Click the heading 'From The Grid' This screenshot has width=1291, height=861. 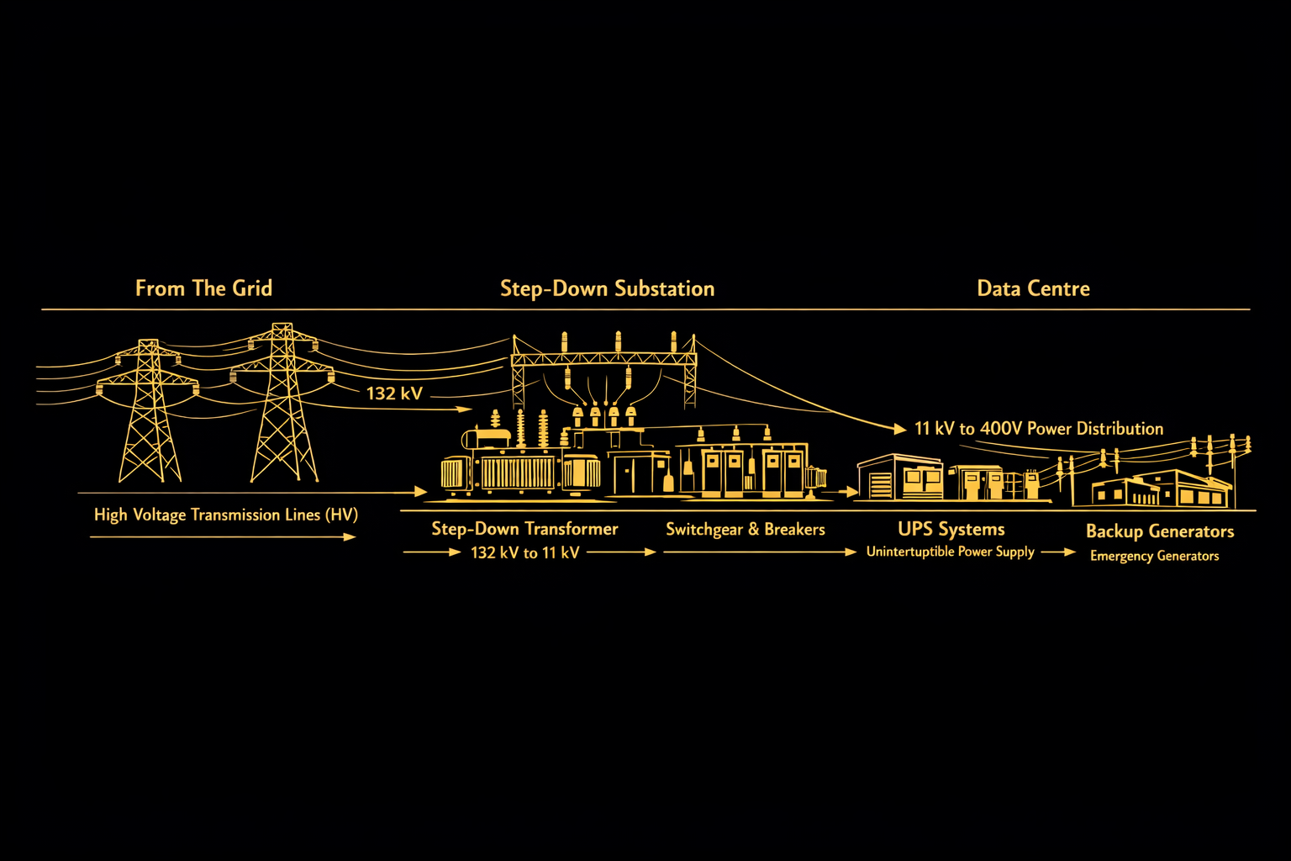[x=203, y=288]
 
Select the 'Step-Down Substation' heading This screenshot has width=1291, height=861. [x=607, y=288]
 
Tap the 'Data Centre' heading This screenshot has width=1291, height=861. [x=1033, y=288]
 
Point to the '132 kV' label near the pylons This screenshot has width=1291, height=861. [x=394, y=393]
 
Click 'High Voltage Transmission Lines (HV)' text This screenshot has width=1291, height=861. [x=225, y=515]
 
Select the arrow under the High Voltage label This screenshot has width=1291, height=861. [x=223, y=536]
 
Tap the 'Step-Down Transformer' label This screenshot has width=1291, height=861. [x=524, y=529]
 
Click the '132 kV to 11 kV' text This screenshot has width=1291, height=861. [x=524, y=552]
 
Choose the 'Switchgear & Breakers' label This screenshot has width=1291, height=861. [x=745, y=529]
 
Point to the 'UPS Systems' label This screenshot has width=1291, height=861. [x=951, y=529]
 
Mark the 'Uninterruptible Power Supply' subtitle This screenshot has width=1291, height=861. [x=950, y=552]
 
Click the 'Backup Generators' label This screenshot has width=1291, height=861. [x=1160, y=531]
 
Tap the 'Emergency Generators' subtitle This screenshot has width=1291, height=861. [x=1154, y=556]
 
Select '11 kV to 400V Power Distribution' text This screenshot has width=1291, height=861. [x=1039, y=429]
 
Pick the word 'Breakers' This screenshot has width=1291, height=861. [x=794, y=529]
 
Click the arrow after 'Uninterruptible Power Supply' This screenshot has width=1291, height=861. [x=1058, y=552]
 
